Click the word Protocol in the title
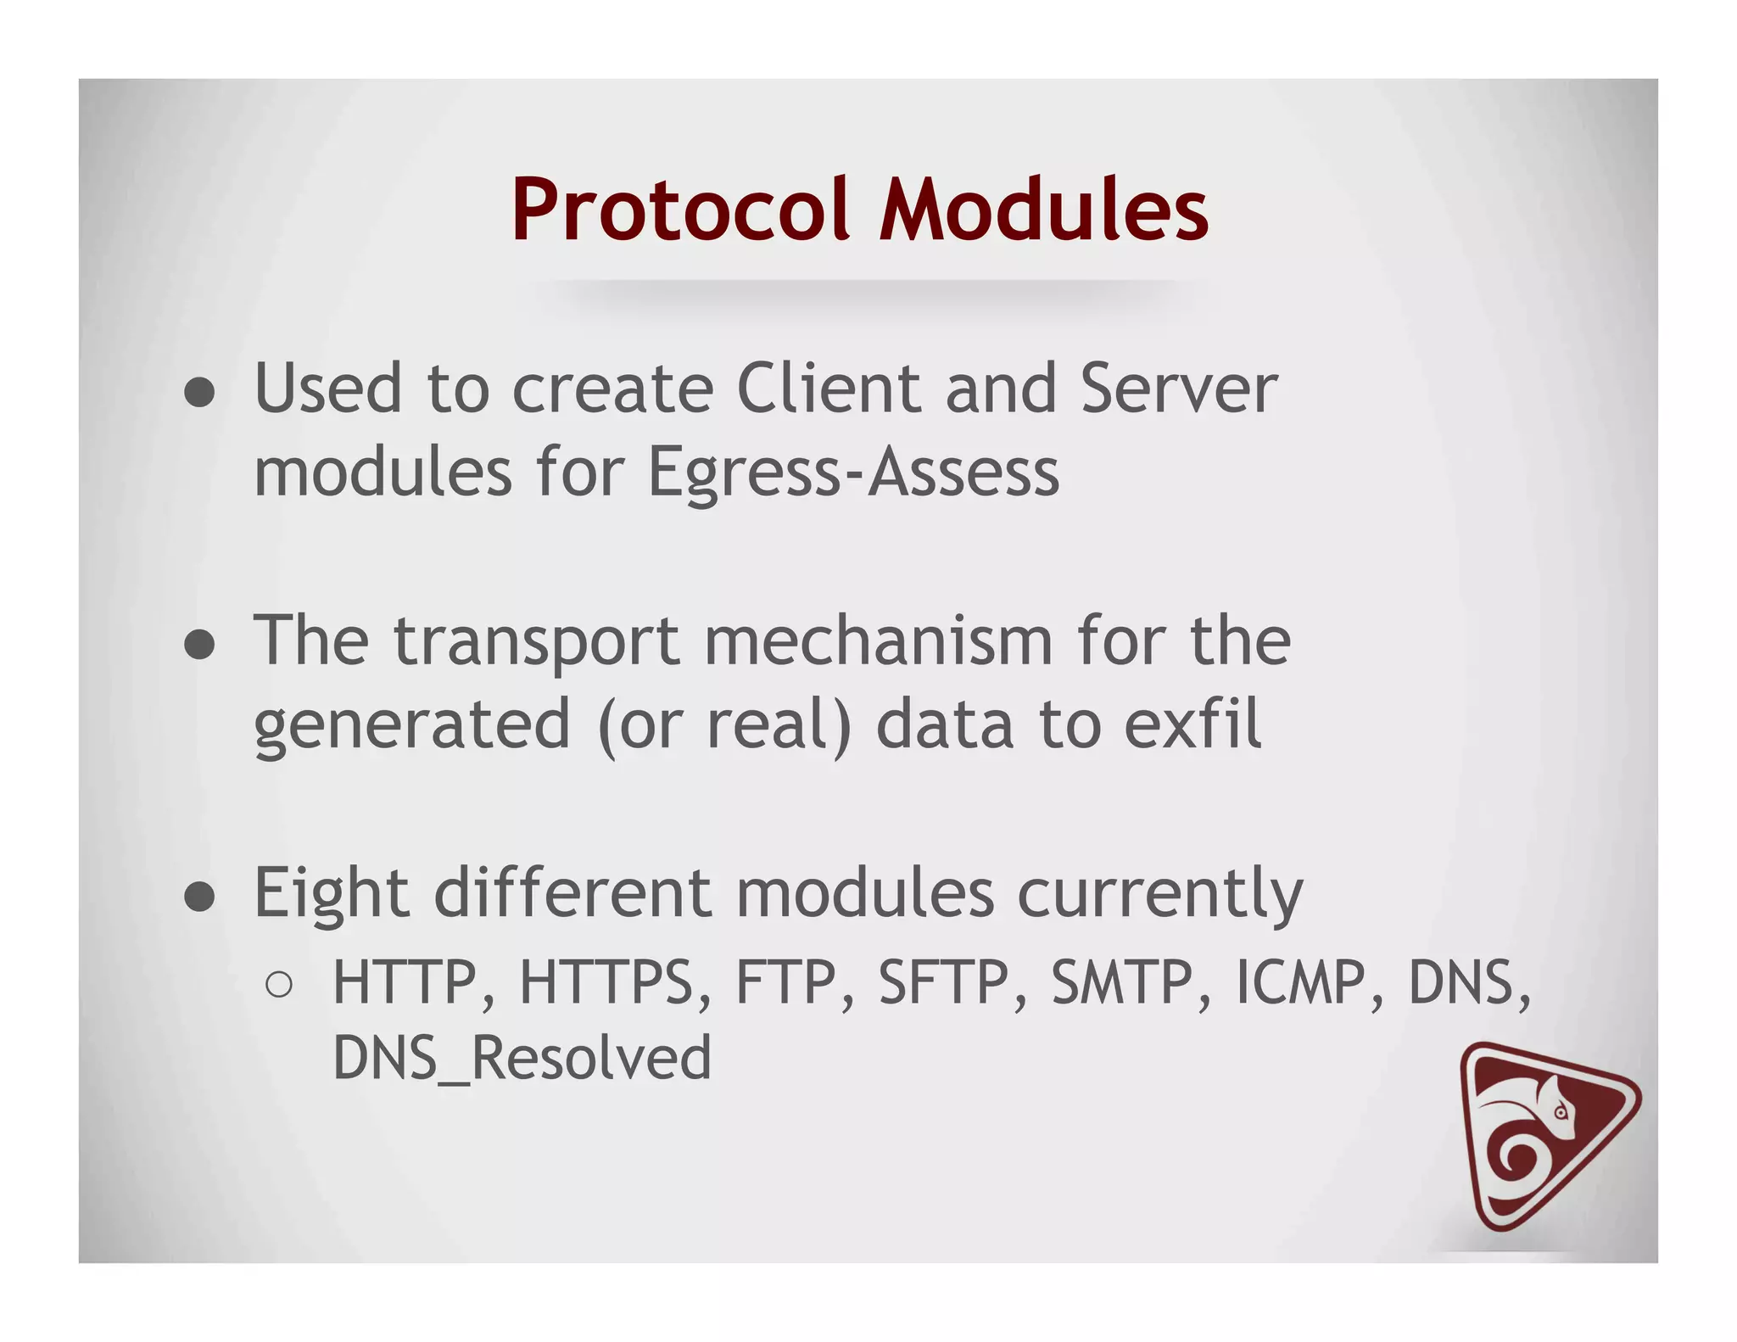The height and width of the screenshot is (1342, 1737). point(679,210)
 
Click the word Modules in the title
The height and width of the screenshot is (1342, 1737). point(1043,210)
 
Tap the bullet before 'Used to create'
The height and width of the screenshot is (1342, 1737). point(200,393)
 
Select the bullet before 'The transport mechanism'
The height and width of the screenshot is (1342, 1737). point(200,645)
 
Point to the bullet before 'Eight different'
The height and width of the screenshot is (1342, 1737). point(200,897)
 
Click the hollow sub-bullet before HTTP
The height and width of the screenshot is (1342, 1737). point(279,984)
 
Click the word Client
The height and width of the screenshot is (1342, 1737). point(829,389)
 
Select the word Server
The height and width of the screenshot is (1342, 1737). point(1178,389)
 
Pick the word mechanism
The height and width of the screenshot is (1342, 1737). point(879,640)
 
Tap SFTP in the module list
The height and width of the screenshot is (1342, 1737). point(944,982)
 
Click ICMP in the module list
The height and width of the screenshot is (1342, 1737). point(1300,982)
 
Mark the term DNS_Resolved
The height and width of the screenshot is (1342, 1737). point(522,1059)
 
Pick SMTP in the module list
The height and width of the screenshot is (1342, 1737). point(1122,982)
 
